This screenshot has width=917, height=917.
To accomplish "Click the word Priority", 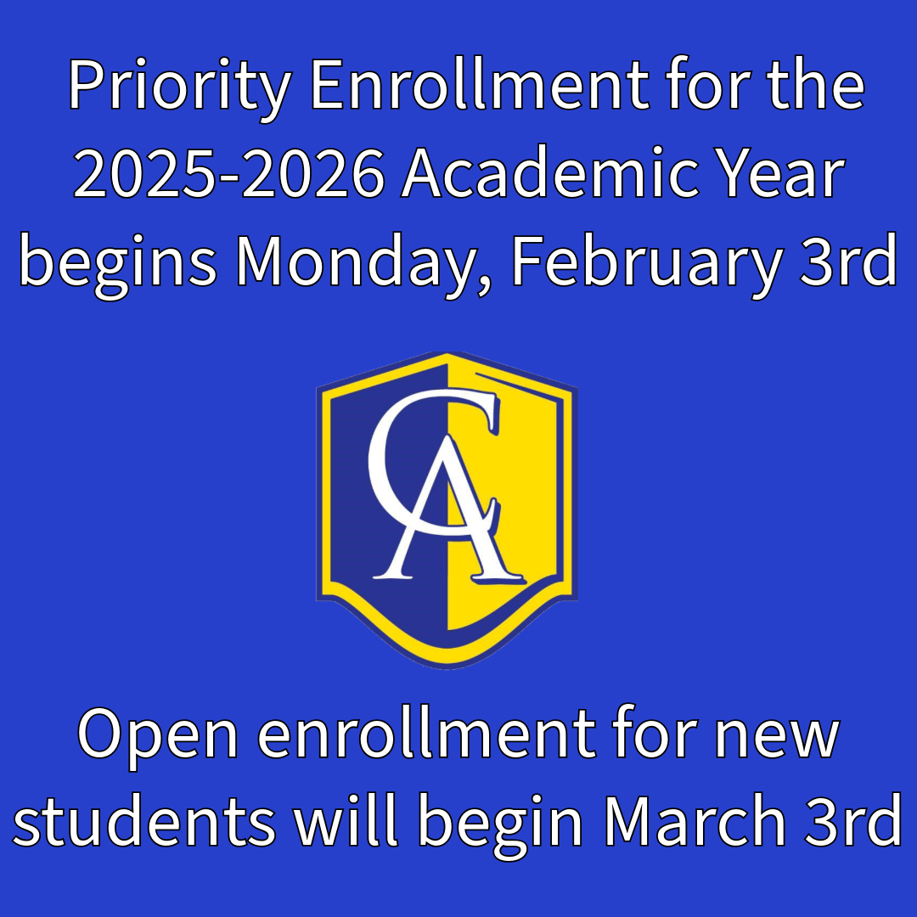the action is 179,88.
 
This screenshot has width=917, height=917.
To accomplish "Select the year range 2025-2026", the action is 228,172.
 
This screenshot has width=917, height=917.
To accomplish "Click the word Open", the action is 158,738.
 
